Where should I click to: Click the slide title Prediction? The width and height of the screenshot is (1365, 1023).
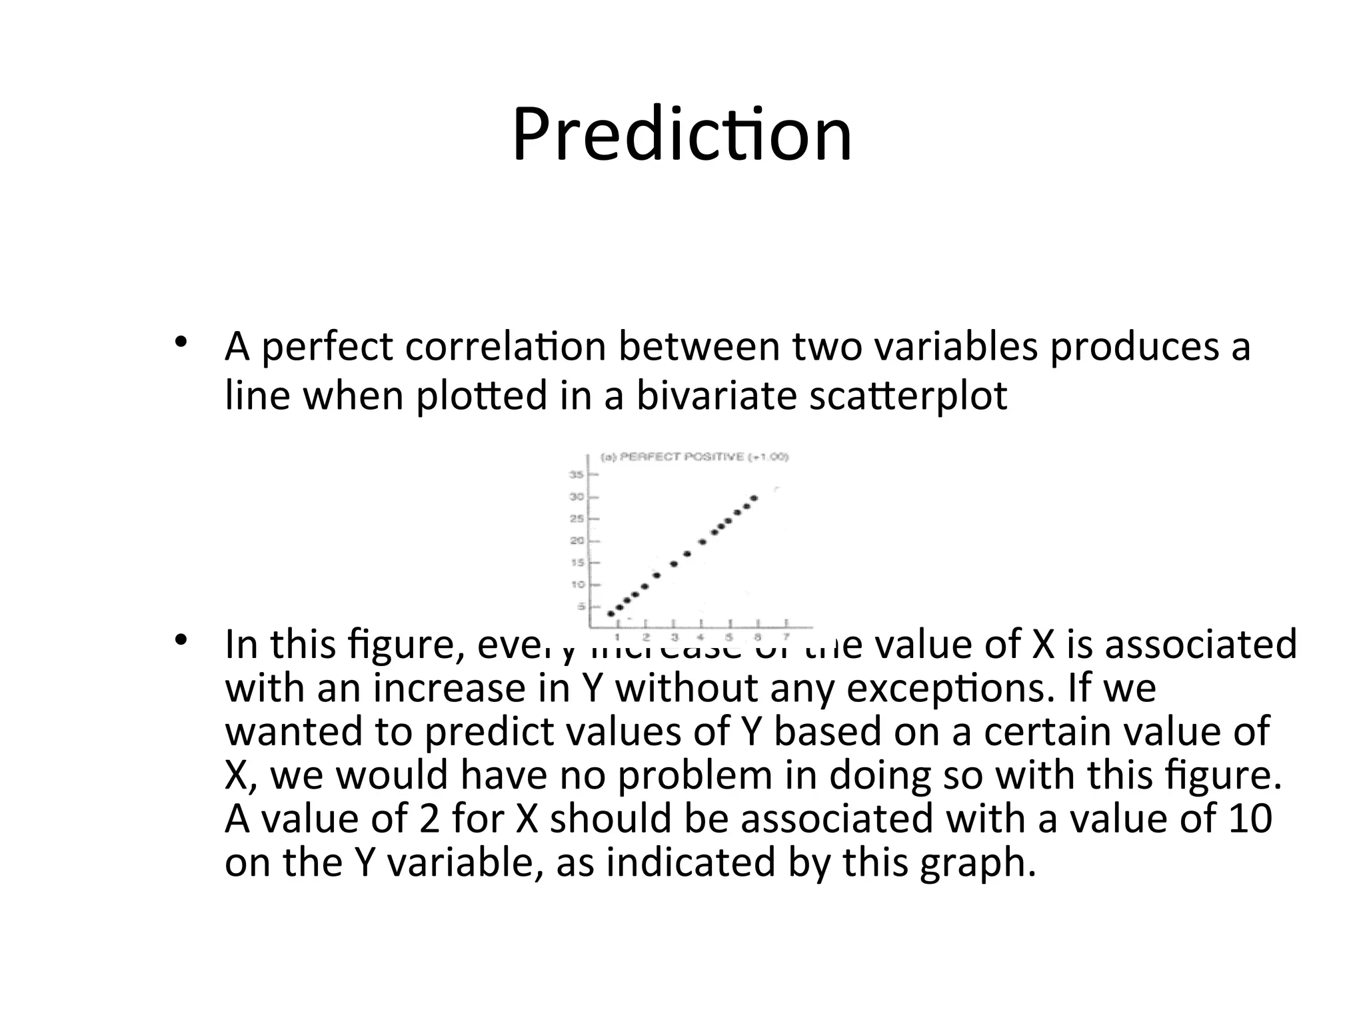click(682, 135)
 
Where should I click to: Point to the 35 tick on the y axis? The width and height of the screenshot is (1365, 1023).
click(577, 475)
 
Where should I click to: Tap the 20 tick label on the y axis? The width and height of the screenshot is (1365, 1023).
click(577, 541)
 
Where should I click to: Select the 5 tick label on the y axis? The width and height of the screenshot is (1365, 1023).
click(579, 607)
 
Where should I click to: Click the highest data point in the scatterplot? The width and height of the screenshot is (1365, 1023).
click(754, 498)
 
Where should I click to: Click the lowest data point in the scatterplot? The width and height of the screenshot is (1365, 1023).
click(611, 613)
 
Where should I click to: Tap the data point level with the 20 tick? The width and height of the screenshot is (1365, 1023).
click(702, 541)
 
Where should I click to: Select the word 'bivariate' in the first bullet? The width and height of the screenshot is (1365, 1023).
click(716, 395)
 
